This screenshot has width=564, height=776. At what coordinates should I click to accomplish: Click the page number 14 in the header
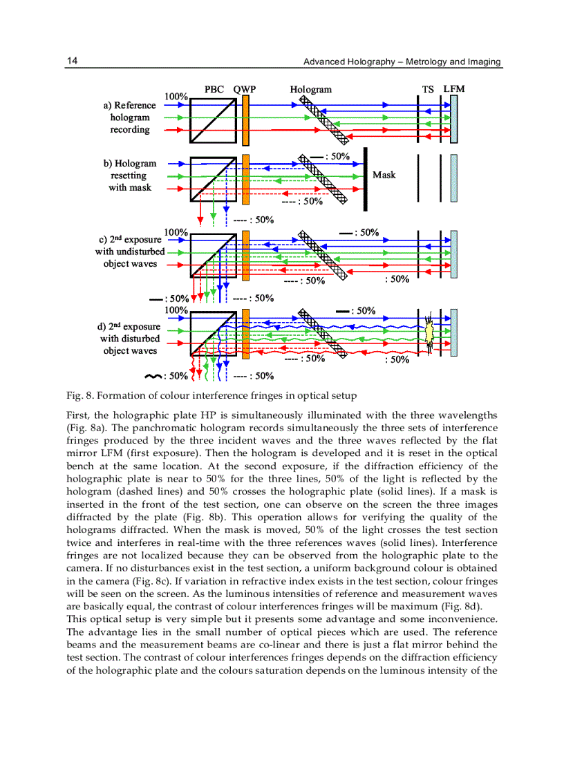coord(71,61)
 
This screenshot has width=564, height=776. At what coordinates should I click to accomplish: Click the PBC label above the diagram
coord(215,89)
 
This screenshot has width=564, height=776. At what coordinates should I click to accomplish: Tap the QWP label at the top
coord(245,89)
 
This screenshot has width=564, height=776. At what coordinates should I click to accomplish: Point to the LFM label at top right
coord(453,89)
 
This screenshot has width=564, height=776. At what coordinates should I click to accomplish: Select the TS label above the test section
coord(429,89)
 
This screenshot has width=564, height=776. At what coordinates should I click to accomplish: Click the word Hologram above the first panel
coord(310,89)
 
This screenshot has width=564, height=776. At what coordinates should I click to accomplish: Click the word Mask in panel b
coord(384,175)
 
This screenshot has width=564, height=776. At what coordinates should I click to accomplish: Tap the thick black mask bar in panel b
coord(365,178)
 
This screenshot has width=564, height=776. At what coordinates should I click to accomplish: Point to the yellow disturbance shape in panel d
coord(429,333)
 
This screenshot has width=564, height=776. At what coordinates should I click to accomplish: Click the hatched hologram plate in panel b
coord(323,178)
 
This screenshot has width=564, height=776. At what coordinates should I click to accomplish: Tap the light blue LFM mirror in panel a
coord(453,120)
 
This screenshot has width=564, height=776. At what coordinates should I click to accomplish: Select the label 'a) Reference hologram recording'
coord(130,117)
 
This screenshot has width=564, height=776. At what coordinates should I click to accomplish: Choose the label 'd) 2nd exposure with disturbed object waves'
coord(130,339)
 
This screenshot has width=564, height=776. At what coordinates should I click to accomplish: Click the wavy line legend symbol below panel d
coord(151,377)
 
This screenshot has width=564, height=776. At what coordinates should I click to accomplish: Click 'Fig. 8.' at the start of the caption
coord(79,397)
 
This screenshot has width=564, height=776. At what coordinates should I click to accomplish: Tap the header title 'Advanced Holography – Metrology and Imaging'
coord(402,61)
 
